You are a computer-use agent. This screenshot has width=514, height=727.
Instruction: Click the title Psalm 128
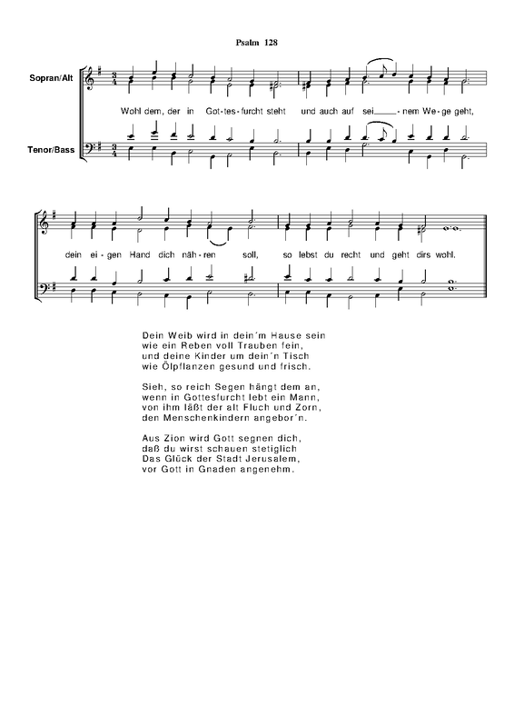[x=256, y=43]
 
